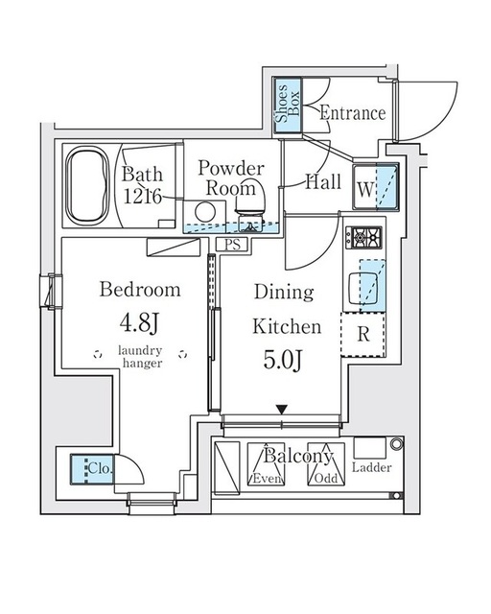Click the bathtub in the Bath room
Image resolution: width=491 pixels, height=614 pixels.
(87, 186)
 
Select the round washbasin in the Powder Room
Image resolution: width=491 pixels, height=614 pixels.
(205, 212)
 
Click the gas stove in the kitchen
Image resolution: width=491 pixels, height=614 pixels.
(363, 237)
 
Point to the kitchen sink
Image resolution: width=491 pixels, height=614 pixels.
(362, 288)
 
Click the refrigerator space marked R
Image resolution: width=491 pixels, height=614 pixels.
(363, 335)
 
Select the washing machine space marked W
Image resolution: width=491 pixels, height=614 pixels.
(375, 187)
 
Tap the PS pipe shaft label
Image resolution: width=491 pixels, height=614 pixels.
(233, 245)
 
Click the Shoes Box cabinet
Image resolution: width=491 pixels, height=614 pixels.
(288, 106)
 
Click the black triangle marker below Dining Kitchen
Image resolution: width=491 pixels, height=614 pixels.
(282, 410)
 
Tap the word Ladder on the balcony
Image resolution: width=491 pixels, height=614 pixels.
(371, 467)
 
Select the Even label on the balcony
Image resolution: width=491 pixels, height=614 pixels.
(267, 478)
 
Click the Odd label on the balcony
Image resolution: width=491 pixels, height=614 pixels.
(326, 478)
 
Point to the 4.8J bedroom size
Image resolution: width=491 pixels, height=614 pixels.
(140, 323)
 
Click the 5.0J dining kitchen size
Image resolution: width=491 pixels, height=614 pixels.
(283, 360)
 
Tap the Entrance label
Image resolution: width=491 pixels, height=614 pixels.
(353, 113)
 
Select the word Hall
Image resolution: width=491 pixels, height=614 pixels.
(323, 182)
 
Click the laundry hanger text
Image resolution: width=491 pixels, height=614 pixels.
(141, 357)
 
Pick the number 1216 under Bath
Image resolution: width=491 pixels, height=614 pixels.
(142, 197)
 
